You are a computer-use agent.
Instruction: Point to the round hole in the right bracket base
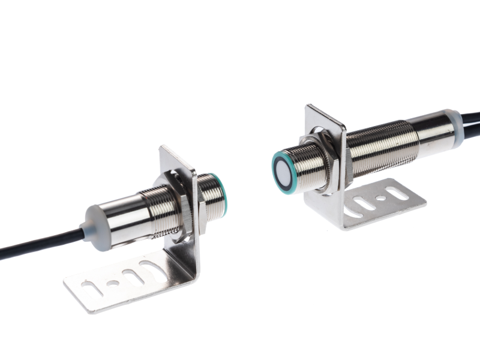380,197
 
